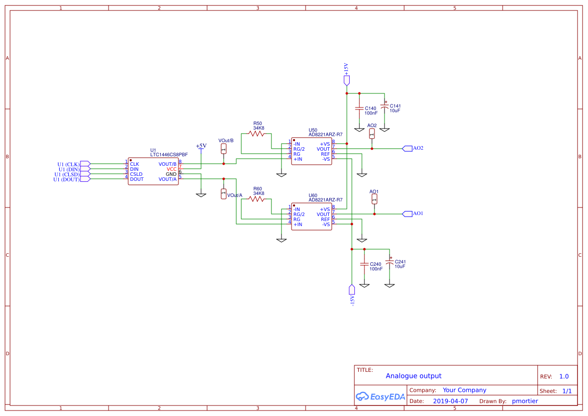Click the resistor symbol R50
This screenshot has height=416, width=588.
click(x=256, y=134)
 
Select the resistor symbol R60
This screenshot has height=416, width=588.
click(x=256, y=199)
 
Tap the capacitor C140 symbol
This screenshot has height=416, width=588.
click(x=359, y=109)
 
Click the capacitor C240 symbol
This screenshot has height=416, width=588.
click(x=364, y=264)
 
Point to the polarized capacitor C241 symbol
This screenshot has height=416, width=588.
click(x=389, y=262)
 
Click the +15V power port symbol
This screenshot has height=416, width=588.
click(x=346, y=79)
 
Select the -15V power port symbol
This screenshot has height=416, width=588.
click(x=352, y=289)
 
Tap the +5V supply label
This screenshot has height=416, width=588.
click(x=201, y=146)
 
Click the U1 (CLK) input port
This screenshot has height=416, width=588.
click(x=85, y=164)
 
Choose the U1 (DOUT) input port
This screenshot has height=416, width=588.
click(x=85, y=179)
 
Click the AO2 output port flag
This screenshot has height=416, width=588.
click(x=407, y=148)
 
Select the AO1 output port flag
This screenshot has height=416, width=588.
click(x=407, y=214)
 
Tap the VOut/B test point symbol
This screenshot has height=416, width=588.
click(x=224, y=149)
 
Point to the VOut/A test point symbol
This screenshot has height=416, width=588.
click(x=224, y=194)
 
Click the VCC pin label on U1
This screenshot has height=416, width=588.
click(x=171, y=169)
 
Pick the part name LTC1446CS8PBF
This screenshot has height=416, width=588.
click(x=169, y=155)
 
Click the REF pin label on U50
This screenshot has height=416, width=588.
click(x=325, y=154)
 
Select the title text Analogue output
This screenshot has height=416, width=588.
click(x=414, y=376)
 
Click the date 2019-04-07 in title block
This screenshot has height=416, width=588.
click(x=450, y=401)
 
